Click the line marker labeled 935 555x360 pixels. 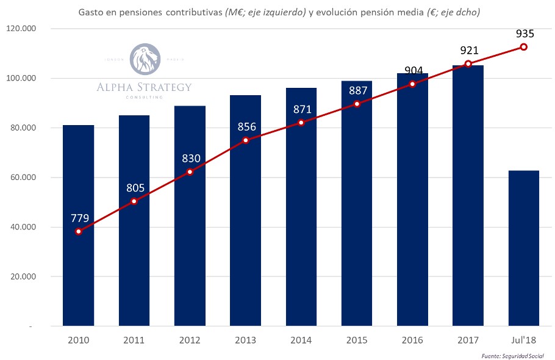click(x=523, y=47)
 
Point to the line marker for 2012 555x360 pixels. click(x=190, y=172)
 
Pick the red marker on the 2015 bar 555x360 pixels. click(x=357, y=104)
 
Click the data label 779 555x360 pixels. click(x=79, y=218)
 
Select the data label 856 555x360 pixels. click(x=246, y=127)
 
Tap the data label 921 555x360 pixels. click(x=468, y=51)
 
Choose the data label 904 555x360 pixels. click(x=413, y=70)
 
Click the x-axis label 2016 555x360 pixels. click(x=412, y=339)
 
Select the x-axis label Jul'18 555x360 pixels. click(x=523, y=339)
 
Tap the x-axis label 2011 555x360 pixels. click(x=134, y=339)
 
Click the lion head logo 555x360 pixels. click(x=145, y=59)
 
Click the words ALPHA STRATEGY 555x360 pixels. click(x=144, y=87)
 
